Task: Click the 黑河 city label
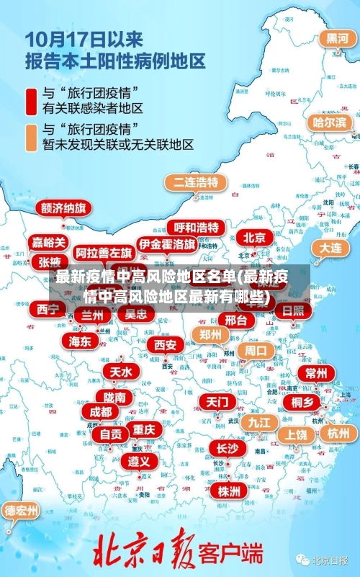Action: pos(337,39)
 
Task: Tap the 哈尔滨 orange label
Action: pos(329,123)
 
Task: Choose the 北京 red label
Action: pos(253,237)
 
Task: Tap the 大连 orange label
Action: pos(330,247)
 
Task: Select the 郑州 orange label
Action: pos(210,334)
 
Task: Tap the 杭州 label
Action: pos(338,433)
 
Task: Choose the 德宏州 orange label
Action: pos(22,511)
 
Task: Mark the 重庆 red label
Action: pos(143,429)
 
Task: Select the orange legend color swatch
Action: pos(31,137)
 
